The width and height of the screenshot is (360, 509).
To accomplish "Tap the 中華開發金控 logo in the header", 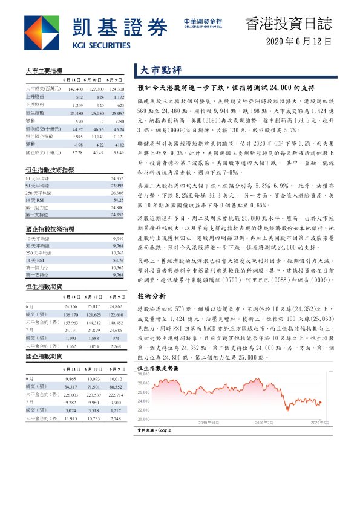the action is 202,22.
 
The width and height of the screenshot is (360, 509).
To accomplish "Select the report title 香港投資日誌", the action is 288,24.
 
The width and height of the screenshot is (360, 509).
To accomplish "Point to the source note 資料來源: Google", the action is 155,429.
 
